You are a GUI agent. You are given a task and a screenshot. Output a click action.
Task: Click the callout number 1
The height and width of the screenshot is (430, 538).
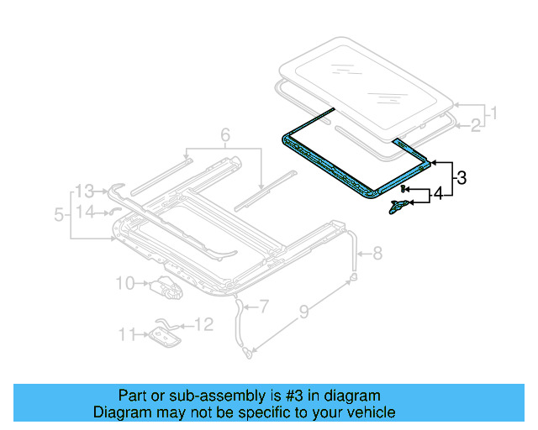494,113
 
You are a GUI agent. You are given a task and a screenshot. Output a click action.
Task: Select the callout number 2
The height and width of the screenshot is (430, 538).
475,126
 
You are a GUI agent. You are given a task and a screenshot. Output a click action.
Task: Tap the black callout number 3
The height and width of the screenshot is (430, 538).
461,177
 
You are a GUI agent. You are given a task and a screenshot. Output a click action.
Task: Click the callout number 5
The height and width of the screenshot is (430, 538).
59,215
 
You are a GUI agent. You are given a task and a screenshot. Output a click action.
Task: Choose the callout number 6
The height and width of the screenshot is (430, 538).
224,135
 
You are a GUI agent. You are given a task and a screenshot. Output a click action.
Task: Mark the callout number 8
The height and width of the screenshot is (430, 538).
377,252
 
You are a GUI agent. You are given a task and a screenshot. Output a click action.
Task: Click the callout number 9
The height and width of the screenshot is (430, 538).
303,316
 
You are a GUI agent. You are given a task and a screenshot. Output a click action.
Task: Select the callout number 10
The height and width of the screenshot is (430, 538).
124,283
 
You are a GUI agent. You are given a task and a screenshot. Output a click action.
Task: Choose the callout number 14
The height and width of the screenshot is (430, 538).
84,212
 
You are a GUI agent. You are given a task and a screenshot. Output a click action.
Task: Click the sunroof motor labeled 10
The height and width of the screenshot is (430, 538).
166,289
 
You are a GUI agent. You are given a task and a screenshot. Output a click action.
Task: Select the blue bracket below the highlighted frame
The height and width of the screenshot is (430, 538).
400,206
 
